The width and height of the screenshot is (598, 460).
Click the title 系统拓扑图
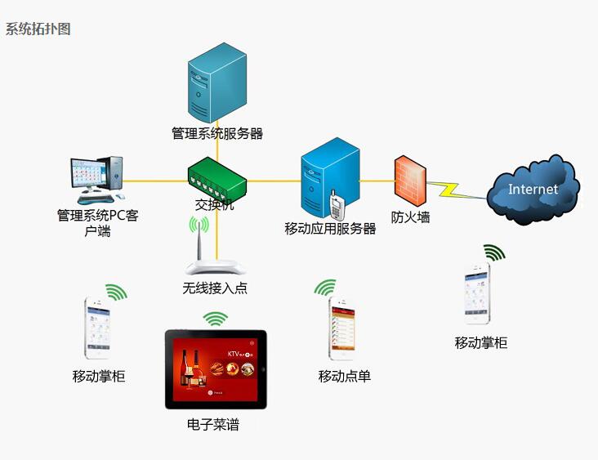pos(38,29)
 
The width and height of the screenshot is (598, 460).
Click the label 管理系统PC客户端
pos(96,223)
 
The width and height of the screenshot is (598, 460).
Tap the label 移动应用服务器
pos(330,229)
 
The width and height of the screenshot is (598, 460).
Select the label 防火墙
pos(410,217)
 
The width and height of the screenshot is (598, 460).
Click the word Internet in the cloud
pos(533,190)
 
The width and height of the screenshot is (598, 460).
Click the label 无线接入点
pos(215,288)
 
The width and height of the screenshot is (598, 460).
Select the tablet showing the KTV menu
pos(216,368)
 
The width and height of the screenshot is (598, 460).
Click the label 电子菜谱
pos(213,425)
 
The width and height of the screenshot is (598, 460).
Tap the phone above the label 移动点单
pos(341,327)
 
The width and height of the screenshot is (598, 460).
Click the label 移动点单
pos(345,377)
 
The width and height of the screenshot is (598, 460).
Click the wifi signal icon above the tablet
pos(216,319)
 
